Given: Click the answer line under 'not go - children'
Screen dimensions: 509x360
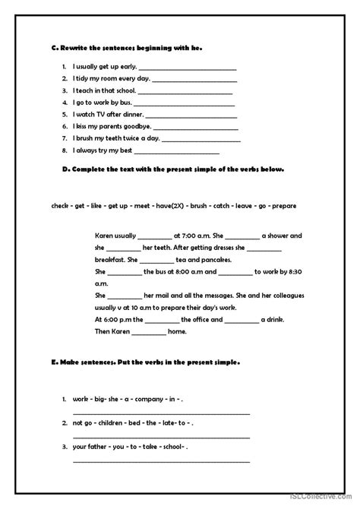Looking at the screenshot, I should coord(161,435).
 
